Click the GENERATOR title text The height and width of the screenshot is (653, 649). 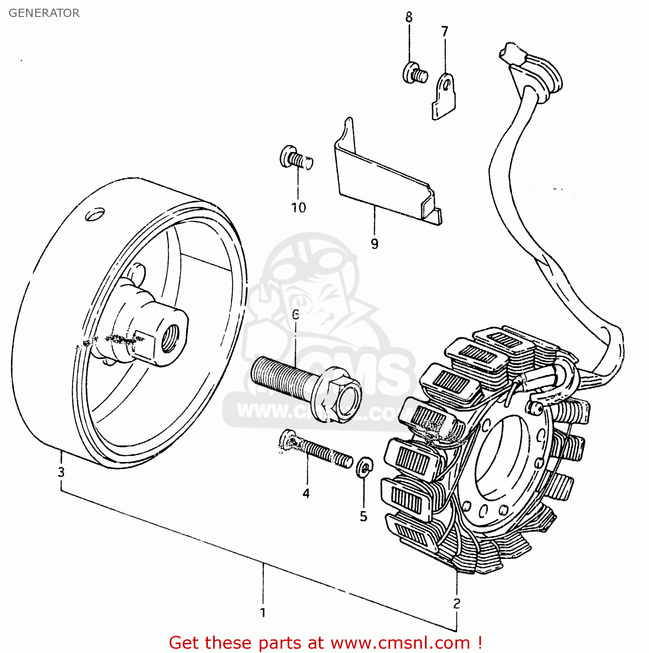44,13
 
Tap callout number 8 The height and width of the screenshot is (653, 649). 409,17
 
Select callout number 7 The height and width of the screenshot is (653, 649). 445,32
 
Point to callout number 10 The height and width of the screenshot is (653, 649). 299,208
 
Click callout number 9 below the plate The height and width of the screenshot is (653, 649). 375,244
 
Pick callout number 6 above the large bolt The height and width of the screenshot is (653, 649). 296,314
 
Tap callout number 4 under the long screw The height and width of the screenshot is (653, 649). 306,493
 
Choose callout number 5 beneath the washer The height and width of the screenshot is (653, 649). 364,516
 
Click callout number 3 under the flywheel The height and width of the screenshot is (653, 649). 61,472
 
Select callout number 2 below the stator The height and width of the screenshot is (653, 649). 457,603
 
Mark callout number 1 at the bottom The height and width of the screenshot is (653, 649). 263,613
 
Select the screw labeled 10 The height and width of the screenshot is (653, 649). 296,158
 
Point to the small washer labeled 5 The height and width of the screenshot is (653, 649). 365,467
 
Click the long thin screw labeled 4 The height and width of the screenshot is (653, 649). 318,450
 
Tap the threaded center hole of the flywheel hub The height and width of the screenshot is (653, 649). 169,338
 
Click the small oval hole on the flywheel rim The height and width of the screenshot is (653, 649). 95,214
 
